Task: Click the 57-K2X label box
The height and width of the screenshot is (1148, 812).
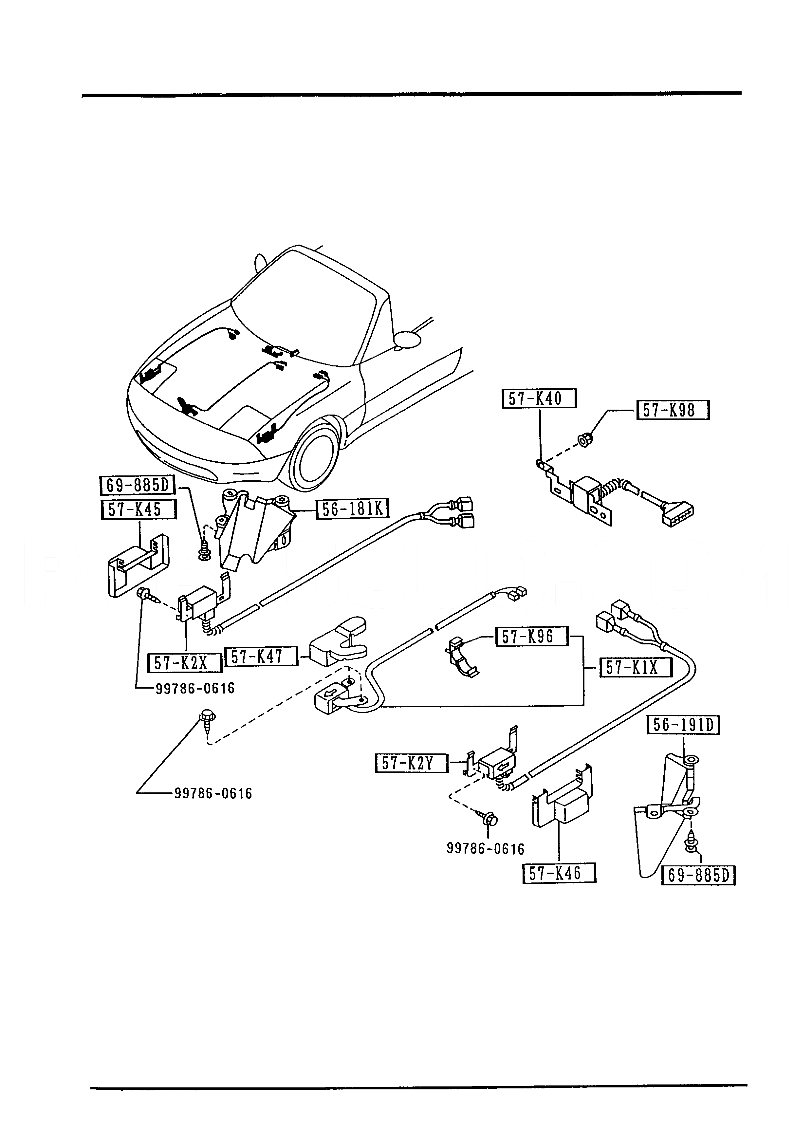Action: click(x=184, y=663)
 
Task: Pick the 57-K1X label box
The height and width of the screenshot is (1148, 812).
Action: click(x=635, y=668)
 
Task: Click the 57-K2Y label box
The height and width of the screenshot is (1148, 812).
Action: click(x=412, y=764)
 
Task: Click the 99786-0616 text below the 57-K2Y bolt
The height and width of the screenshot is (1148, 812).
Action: click(x=486, y=848)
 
